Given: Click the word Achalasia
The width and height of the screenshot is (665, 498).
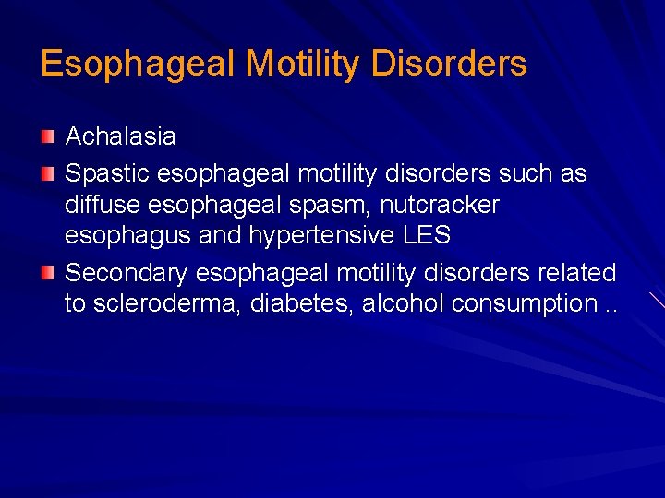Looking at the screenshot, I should pos(120,137).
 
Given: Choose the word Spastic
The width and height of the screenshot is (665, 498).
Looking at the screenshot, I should pos(108,173).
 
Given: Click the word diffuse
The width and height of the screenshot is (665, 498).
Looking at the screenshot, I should pos(97,204).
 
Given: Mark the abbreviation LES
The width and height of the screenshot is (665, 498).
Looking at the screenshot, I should pos(427,235).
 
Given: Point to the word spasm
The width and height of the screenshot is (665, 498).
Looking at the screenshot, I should pos(329,204).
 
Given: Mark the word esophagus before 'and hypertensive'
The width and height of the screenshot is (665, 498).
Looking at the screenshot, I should pos(127,235).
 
